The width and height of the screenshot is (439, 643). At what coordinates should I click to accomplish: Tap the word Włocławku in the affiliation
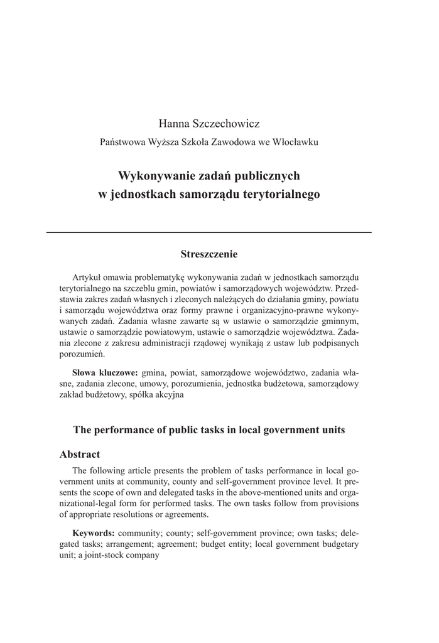click(x=296, y=142)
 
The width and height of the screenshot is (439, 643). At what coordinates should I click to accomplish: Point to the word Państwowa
click(x=122, y=142)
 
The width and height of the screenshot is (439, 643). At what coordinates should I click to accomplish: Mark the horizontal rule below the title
click(x=209, y=232)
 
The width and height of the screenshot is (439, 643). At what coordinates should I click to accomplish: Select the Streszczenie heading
click(x=209, y=254)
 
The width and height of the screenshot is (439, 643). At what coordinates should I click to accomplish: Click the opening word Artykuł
click(x=88, y=277)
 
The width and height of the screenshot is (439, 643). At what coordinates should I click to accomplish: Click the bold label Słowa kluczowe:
click(x=106, y=372)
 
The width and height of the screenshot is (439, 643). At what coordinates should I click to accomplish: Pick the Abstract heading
click(x=80, y=454)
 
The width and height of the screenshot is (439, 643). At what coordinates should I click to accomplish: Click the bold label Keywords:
click(x=94, y=533)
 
